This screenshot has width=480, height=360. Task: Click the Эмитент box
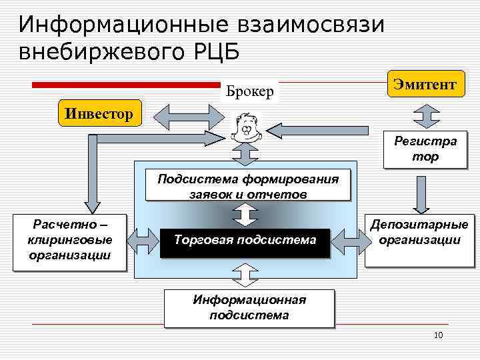(425, 85)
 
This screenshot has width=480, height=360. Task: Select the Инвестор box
(100, 112)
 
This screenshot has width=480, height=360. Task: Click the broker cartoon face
(245, 127)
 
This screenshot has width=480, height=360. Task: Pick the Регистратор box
(425, 149)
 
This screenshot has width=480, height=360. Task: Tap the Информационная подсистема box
(249, 307)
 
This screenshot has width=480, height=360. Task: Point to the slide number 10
(437, 335)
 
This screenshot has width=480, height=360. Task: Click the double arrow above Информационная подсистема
(245, 275)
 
